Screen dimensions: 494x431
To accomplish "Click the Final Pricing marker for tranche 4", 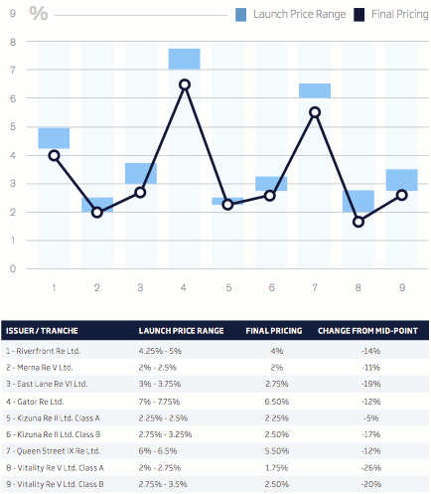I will click(x=185, y=84).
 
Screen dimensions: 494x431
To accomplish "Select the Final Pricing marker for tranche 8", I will click(x=359, y=222).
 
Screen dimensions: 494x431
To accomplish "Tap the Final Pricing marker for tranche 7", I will click(x=315, y=112).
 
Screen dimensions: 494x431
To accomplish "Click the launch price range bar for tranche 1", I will click(x=54, y=138).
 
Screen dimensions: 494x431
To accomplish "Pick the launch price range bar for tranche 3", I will click(x=141, y=173).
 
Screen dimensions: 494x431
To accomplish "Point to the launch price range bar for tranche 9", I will click(x=401, y=180).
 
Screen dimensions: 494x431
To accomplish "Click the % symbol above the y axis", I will click(x=39, y=14).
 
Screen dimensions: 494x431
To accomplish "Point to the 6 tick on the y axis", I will click(x=12, y=98).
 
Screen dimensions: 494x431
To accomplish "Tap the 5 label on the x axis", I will click(x=227, y=287).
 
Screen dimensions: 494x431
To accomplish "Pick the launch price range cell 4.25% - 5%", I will click(x=161, y=349).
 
